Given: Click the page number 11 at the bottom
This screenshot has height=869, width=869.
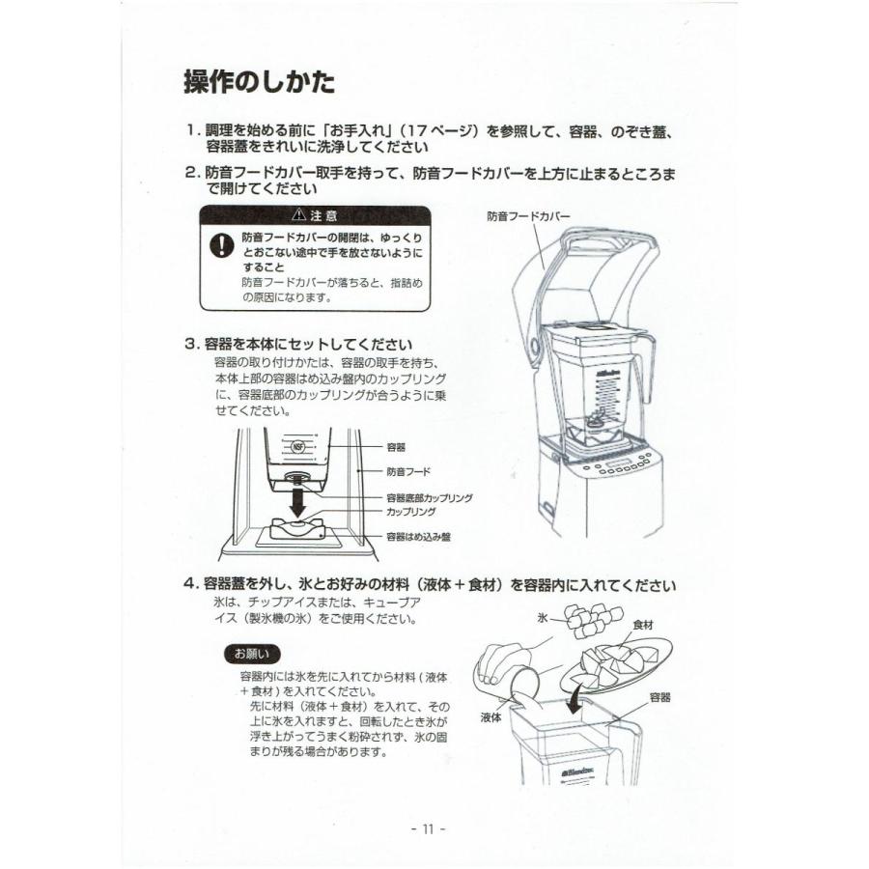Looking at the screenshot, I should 428,828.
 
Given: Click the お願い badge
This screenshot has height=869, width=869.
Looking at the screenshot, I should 252,654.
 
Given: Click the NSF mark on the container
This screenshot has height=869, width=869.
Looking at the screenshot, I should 298,447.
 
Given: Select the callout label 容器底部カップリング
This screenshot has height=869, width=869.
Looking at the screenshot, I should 429,498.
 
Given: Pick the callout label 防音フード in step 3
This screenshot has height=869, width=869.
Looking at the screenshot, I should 408,472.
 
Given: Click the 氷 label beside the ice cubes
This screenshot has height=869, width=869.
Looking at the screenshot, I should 543,615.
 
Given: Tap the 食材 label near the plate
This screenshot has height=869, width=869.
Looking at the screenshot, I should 643,626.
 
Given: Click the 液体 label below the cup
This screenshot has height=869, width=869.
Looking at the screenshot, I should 492,718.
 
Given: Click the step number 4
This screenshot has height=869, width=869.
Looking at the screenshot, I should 190,585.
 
